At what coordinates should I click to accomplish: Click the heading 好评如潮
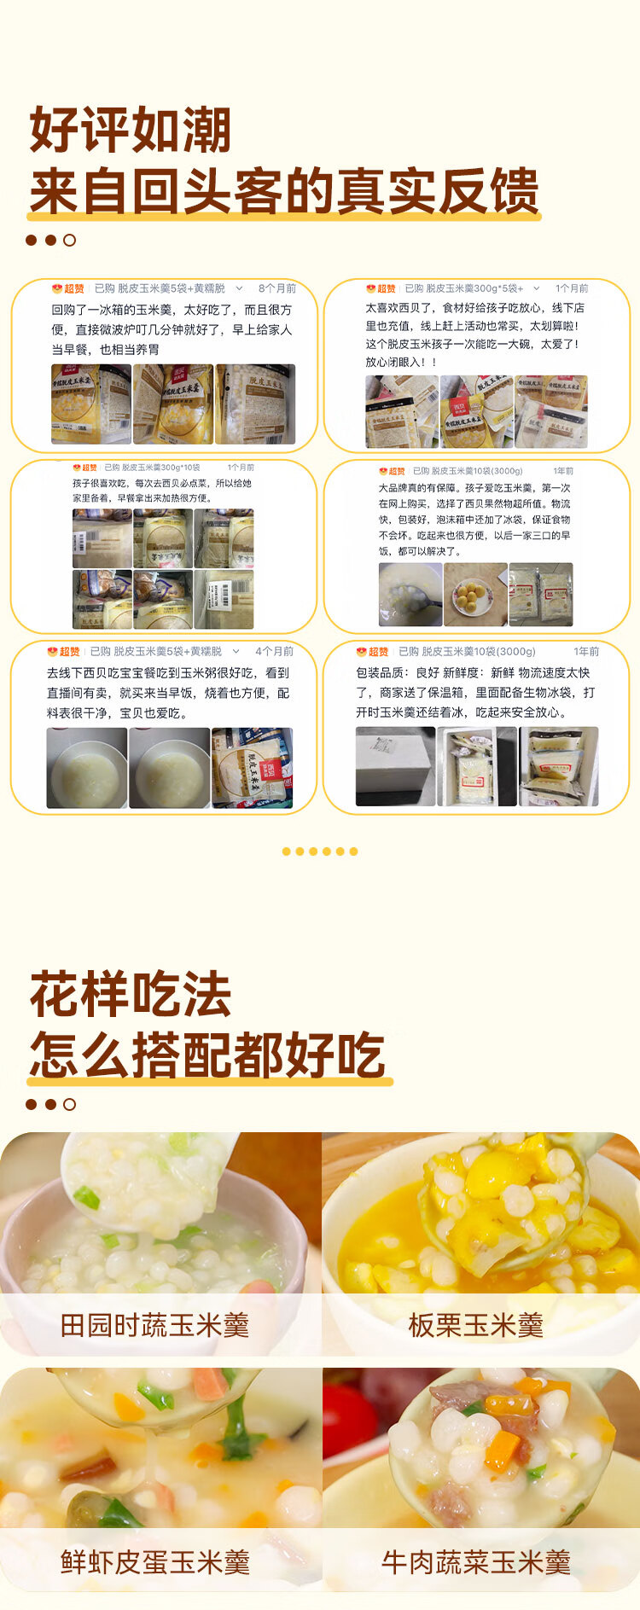click(131, 131)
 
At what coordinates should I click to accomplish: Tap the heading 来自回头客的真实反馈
click(284, 191)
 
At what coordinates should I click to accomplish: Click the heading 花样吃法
click(131, 995)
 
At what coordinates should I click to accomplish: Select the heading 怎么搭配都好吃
click(207, 1055)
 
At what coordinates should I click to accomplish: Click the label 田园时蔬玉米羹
click(154, 1324)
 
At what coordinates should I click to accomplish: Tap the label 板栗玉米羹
click(475, 1324)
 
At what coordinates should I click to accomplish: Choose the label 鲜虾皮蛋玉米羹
click(154, 1561)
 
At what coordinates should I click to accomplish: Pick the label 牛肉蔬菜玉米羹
click(475, 1561)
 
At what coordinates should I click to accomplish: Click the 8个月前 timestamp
click(277, 288)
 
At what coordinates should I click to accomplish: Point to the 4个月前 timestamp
click(274, 651)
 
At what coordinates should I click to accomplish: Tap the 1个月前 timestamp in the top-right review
click(572, 288)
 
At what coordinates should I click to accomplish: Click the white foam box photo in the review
click(394, 766)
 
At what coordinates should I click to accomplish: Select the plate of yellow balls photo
click(475, 594)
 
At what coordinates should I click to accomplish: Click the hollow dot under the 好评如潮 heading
click(69, 240)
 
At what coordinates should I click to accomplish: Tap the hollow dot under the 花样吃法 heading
click(69, 1104)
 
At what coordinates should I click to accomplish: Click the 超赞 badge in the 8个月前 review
click(67, 288)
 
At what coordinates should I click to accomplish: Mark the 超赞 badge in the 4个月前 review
click(63, 651)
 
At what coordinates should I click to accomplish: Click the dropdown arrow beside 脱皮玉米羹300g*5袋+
click(537, 288)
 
